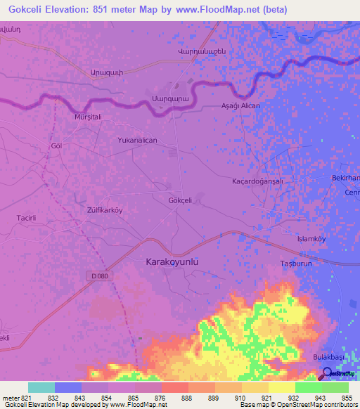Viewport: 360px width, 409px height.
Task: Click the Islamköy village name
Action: [x=312, y=239]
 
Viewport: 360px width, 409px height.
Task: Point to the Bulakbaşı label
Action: [x=328, y=357]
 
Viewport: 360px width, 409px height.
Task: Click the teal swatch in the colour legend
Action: [x=41, y=387]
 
